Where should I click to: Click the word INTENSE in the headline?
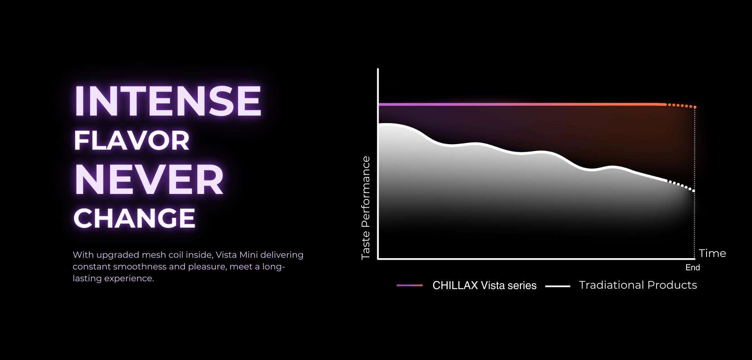pyautogui.click(x=168, y=101)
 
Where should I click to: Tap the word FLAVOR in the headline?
pyautogui.click(x=132, y=141)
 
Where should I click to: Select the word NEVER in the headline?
pyautogui.click(x=149, y=179)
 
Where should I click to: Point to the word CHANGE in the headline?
pyautogui.click(x=134, y=218)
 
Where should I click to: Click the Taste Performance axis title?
pyautogui.click(x=365, y=208)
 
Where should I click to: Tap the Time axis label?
pyautogui.click(x=712, y=253)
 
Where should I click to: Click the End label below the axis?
pyautogui.click(x=692, y=268)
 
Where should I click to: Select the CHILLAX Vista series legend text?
pyautogui.click(x=484, y=285)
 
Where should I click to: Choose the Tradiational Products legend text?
pyautogui.click(x=638, y=285)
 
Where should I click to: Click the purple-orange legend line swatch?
pyautogui.click(x=410, y=286)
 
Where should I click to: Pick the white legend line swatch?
pyautogui.click(x=558, y=286)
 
